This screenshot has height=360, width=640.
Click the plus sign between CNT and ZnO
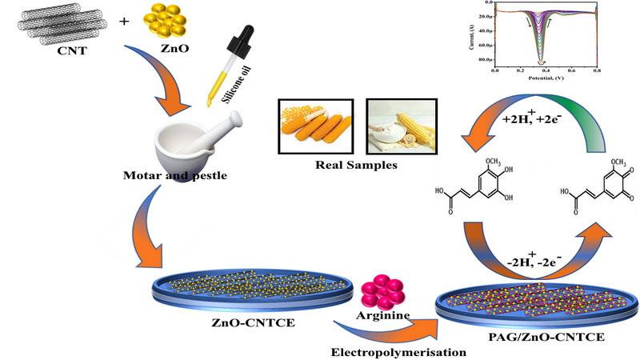124,21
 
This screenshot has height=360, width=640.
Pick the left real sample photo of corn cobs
314,126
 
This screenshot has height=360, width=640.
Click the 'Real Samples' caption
358,166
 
